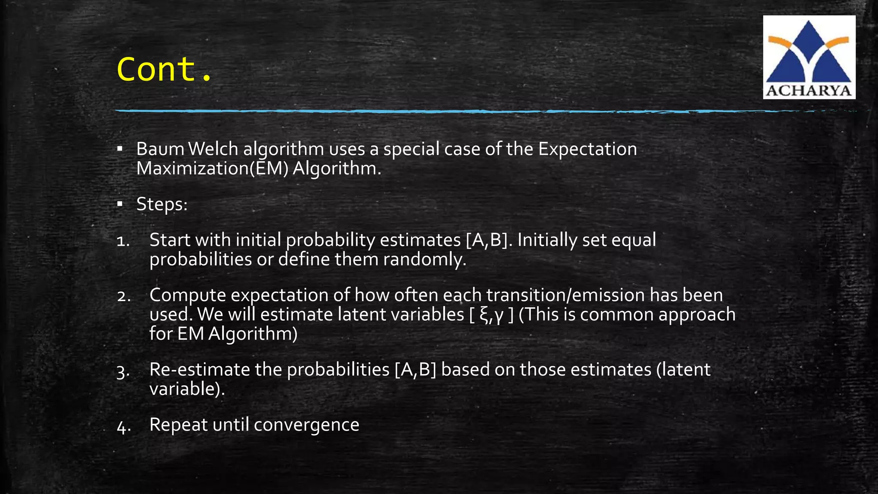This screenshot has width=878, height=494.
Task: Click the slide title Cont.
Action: click(x=164, y=69)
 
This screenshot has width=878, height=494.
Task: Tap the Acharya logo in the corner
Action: click(x=809, y=57)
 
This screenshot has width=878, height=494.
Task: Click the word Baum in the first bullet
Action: click(x=160, y=149)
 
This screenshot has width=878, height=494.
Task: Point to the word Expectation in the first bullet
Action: click(x=587, y=149)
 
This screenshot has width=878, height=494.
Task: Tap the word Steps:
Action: click(x=162, y=204)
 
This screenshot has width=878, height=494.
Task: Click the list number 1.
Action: click(x=123, y=241)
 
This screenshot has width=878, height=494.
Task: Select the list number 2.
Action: click(x=123, y=296)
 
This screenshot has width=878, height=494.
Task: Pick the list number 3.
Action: click(x=123, y=372)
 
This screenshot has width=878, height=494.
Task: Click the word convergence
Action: click(x=307, y=425)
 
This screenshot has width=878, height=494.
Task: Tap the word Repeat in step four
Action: click(x=178, y=425)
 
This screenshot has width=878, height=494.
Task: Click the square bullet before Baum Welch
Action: click(x=120, y=149)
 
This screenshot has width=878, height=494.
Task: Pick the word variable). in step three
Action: click(x=187, y=389)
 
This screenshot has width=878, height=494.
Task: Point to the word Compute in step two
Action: click(x=187, y=295)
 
